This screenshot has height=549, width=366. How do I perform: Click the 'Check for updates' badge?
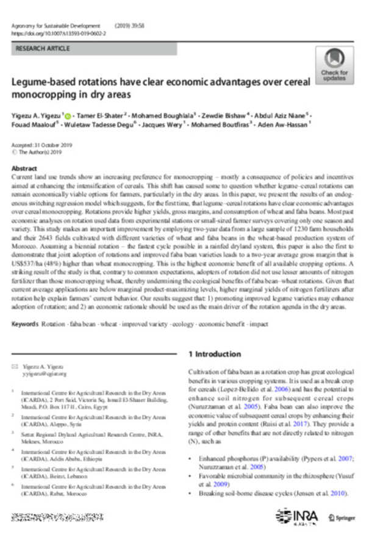(334, 66)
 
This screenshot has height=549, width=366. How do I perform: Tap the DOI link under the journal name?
(58, 35)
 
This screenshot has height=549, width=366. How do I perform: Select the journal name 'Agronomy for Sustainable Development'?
(55, 27)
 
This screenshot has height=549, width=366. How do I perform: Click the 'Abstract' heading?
(24, 168)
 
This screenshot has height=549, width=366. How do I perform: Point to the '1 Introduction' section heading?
(214, 353)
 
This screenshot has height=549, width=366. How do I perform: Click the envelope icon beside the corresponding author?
(15, 366)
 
